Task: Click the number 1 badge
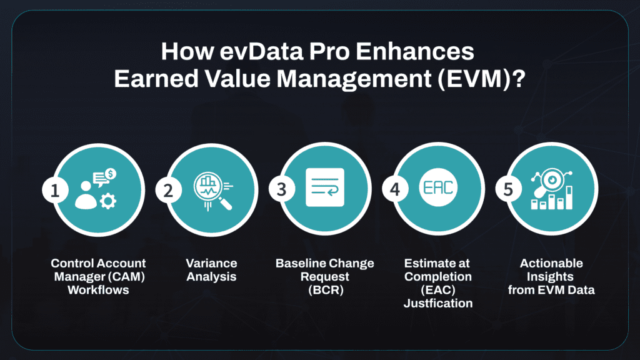[56, 189]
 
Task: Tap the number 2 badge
[168, 189]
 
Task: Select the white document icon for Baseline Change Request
[325, 187]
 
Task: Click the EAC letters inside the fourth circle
[438, 188]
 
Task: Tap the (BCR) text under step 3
[324, 289]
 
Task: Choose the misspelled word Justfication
[438, 303]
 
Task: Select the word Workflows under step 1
[99, 289]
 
